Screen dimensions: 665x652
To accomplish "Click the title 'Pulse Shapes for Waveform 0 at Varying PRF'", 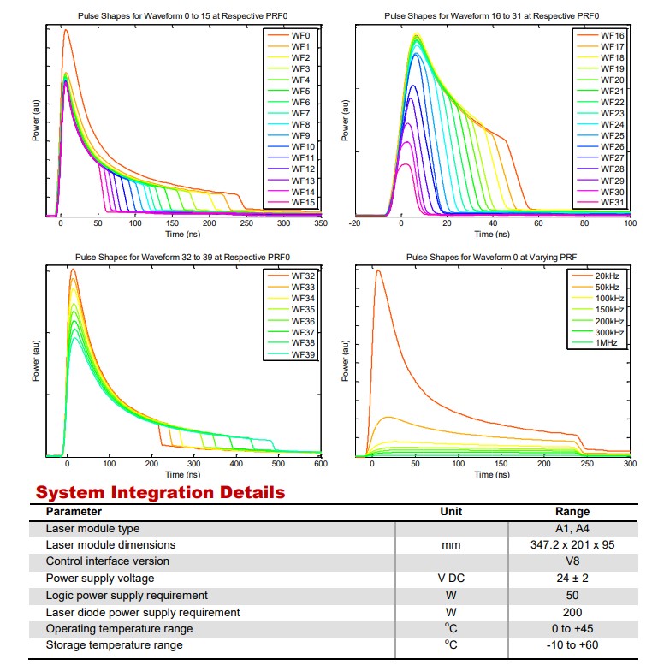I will [491, 256].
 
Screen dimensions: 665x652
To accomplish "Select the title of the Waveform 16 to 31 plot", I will [491, 16].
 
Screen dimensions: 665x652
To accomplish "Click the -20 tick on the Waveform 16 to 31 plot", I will [355, 223].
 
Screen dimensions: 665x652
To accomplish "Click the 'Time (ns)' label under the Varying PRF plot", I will [491, 474].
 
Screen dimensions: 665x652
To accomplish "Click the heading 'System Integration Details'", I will [160, 493].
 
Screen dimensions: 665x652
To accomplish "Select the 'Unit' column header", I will [450, 511].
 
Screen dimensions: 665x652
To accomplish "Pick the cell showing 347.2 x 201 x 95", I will [572, 544].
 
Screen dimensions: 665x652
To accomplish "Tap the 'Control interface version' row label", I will [107, 561].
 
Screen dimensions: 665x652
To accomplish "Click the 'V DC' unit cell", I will [450, 578].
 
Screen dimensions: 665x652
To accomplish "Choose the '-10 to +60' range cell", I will [572, 644].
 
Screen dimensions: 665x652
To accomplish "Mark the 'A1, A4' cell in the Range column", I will [572, 528].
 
